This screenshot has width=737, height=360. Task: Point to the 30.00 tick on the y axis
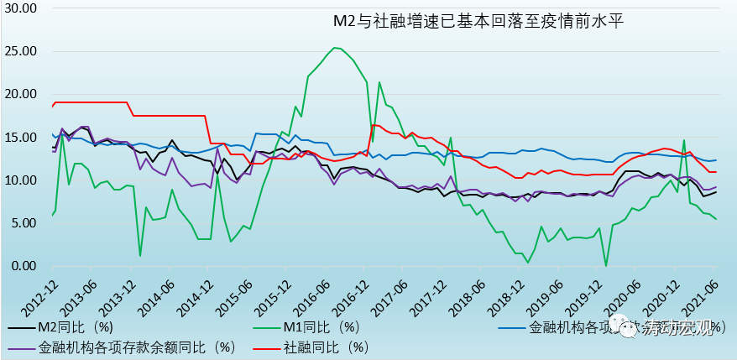pyautogui.click(x=20, y=8)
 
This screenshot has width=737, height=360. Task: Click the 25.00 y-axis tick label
pyautogui.click(x=20, y=51)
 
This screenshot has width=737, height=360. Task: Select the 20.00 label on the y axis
pyautogui.click(x=20, y=94)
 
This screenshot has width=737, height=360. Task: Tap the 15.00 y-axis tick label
pyautogui.click(x=20, y=138)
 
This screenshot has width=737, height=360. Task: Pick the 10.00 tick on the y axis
pyautogui.click(x=20, y=180)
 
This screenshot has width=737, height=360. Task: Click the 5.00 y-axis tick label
pyautogui.click(x=24, y=223)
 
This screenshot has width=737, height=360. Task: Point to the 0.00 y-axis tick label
pyautogui.click(x=24, y=266)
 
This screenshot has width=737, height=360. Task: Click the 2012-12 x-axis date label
pyautogui.click(x=40, y=293)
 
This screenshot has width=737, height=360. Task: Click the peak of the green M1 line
pyautogui.click(x=336, y=48)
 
